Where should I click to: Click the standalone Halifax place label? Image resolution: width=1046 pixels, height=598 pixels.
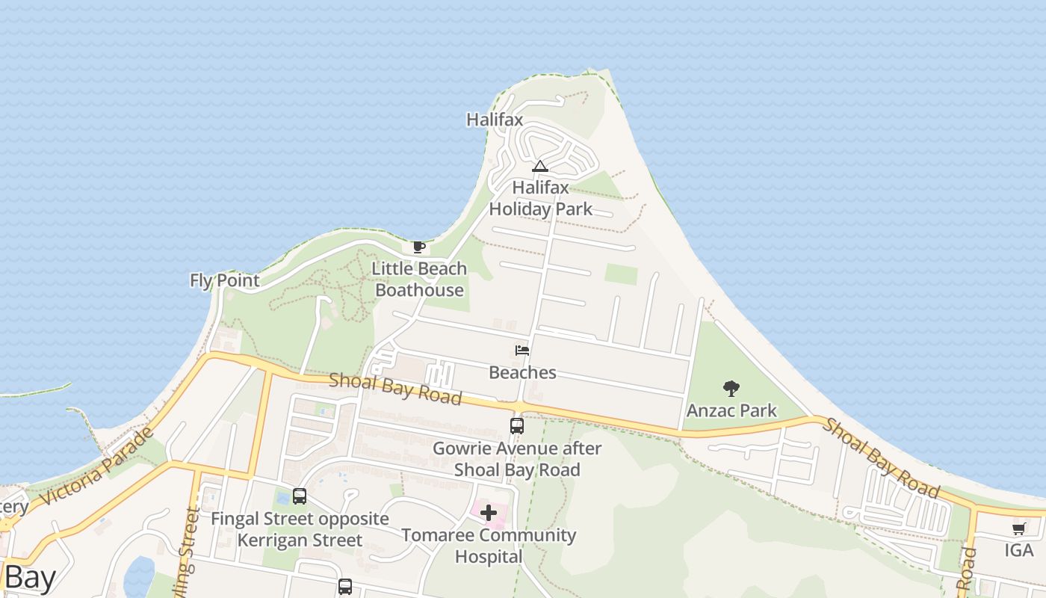[495, 120]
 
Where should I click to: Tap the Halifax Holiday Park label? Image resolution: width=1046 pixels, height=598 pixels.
[540, 198]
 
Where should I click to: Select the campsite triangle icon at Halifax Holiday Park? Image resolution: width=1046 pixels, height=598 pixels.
[540, 166]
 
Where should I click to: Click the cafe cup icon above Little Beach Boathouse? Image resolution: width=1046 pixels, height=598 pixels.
[419, 247]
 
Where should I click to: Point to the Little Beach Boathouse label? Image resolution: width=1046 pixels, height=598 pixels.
[419, 279]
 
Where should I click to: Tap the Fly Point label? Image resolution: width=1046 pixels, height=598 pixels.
[225, 280]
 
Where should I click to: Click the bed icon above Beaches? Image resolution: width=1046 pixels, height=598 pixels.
[522, 350]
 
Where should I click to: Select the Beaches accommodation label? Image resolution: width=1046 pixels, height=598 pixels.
[522, 372]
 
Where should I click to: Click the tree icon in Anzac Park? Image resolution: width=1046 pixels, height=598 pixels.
[731, 388]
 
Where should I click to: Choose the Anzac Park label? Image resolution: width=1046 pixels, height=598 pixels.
[731, 410]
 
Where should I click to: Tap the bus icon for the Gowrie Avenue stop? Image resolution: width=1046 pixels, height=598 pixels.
[516, 426]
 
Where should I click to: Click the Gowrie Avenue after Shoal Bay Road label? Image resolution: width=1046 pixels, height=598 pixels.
[517, 459]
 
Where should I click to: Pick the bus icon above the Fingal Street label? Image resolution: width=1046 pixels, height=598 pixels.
[300, 496]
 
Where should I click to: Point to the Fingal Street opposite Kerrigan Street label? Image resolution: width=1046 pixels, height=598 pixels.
[300, 529]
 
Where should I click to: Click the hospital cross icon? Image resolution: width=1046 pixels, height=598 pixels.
[489, 513]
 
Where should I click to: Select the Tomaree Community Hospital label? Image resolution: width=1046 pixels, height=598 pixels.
[489, 546]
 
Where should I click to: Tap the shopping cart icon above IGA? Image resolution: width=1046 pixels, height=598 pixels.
[1018, 529]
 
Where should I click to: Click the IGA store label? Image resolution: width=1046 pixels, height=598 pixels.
[1018, 551]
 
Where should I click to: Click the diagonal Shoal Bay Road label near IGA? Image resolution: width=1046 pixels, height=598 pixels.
[881, 458]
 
